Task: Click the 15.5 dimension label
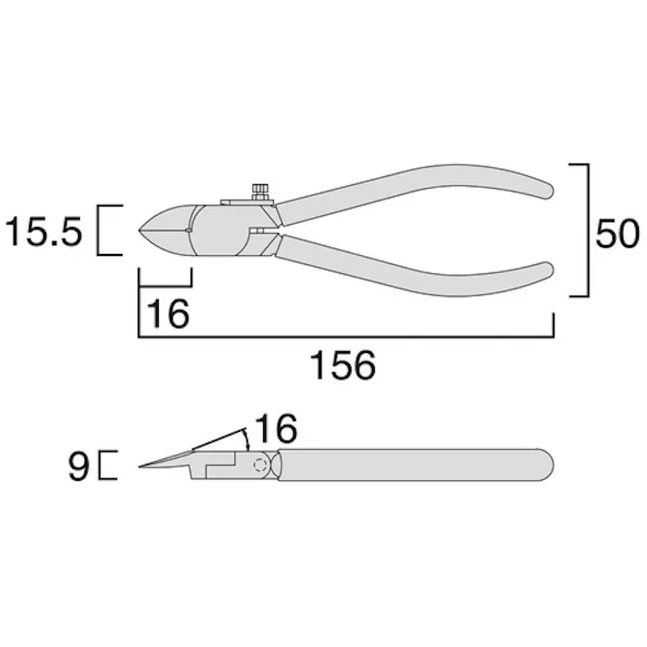44,233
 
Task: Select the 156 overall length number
342,366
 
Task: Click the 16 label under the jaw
168,313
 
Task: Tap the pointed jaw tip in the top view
142,232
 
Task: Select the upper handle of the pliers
417,189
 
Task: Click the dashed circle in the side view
261,466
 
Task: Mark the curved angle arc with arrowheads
248,439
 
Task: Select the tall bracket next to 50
586,230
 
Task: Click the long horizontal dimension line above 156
345,336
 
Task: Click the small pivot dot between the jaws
187,232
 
